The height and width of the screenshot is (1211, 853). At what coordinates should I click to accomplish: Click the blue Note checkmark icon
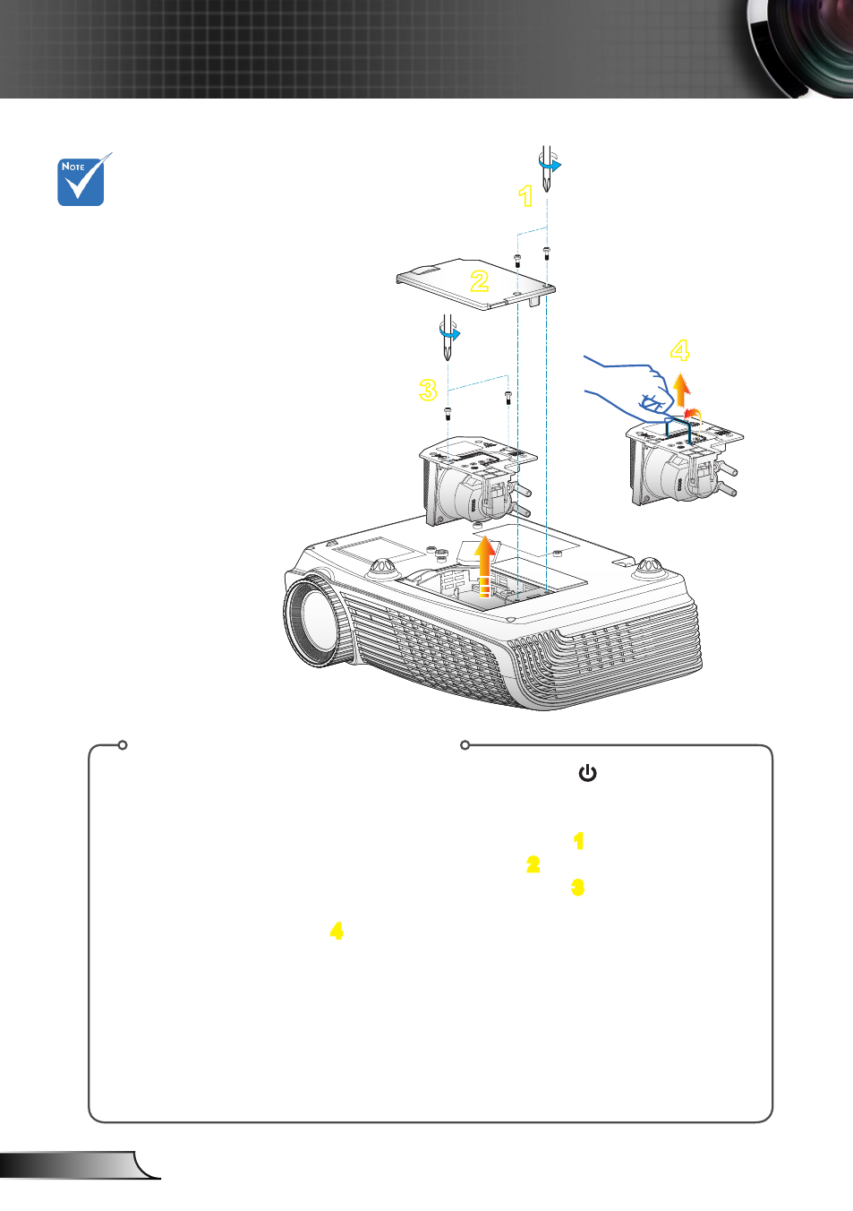[82, 179]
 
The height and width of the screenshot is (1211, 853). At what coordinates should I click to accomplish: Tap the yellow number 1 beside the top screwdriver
[526, 195]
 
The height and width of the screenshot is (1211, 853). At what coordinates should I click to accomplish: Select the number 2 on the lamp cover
[479, 280]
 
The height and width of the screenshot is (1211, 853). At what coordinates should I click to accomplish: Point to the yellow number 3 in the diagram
[428, 390]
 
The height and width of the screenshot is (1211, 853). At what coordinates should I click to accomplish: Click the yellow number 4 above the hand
[679, 350]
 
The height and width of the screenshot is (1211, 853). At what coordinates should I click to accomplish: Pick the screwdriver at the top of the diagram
[548, 167]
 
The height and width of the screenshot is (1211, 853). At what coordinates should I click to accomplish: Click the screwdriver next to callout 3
[448, 337]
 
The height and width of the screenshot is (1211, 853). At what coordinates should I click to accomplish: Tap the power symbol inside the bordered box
[587, 773]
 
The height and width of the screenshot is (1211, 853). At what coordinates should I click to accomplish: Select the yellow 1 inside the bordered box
[578, 841]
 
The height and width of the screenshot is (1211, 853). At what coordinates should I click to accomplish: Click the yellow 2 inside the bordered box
[533, 864]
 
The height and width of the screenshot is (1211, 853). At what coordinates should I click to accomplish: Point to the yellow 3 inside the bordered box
[577, 887]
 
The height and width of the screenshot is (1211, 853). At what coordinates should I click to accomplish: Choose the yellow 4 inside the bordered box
[337, 931]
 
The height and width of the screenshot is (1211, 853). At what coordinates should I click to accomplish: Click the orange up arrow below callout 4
[681, 390]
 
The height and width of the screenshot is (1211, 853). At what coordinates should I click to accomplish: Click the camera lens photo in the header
[799, 48]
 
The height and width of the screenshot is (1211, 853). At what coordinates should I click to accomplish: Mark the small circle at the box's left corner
[123, 745]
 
